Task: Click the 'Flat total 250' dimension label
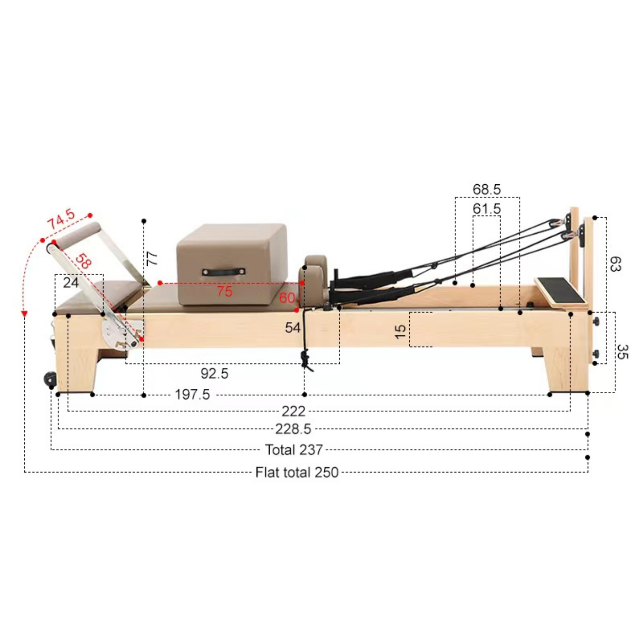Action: pyautogui.click(x=297, y=472)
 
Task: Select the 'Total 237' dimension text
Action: pyautogui.click(x=294, y=450)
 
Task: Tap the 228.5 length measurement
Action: pyautogui.click(x=293, y=429)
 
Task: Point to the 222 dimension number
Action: pyautogui.click(x=293, y=411)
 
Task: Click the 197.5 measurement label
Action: pyautogui.click(x=192, y=395)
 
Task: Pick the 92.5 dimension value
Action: pyautogui.click(x=214, y=374)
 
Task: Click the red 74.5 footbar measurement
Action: pyautogui.click(x=61, y=219)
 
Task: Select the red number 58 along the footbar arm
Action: pyautogui.click(x=83, y=262)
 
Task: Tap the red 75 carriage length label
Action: pyautogui.click(x=225, y=291)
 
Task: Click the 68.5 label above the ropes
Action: pyautogui.click(x=487, y=190)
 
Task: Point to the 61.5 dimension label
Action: pyautogui.click(x=487, y=209)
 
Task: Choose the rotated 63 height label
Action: pyautogui.click(x=615, y=264)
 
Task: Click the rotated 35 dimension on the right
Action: pyautogui.click(x=622, y=352)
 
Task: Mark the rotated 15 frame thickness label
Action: pyautogui.click(x=400, y=331)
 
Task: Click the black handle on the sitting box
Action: pyautogui.click(x=223, y=272)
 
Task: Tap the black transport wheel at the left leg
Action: pyautogui.click(x=50, y=378)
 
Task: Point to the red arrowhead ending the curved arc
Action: pyautogui.click(x=24, y=314)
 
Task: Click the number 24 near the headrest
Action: pyautogui.click(x=71, y=283)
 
